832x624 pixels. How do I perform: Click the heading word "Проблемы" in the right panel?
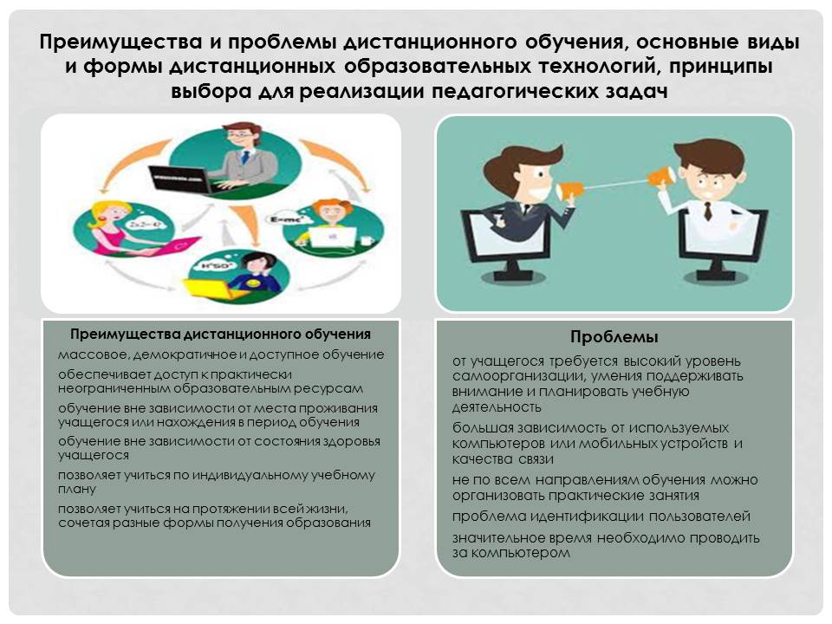coord(614,337)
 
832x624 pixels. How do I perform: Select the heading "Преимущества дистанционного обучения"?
coord(220,335)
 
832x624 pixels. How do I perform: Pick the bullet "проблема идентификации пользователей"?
coord(601,517)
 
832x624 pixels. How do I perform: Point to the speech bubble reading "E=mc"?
coord(285,219)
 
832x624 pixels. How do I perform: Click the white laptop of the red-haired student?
coord(333,237)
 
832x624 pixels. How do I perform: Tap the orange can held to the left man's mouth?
coord(567,190)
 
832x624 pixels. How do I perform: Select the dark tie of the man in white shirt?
coord(708,211)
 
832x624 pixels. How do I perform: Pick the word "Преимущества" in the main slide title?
coord(121,42)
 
